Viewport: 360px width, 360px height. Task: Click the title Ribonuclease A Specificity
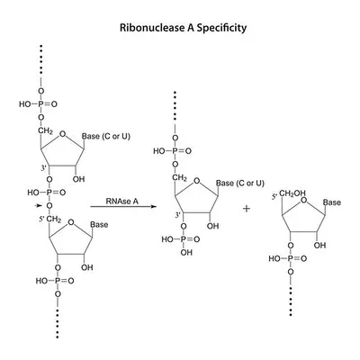click(x=183, y=28)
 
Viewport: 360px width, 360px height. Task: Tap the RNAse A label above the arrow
click(x=121, y=201)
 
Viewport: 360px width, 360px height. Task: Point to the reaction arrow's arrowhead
click(x=154, y=207)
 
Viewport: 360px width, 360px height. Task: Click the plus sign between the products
click(x=247, y=208)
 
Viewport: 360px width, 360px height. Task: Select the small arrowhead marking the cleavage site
click(x=38, y=205)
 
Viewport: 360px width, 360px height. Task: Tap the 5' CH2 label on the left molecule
click(x=50, y=220)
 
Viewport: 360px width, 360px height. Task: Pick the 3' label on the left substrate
click(x=44, y=168)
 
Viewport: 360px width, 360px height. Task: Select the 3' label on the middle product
click(x=177, y=215)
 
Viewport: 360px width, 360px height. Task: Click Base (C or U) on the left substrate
click(x=106, y=137)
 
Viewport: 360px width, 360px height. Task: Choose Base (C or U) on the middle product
click(x=240, y=183)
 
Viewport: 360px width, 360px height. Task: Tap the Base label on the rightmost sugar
click(x=332, y=202)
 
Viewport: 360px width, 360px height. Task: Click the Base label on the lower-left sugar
click(x=99, y=225)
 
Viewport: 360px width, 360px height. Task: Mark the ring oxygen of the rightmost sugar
click(x=303, y=201)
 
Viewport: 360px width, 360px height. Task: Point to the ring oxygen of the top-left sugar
click(x=62, y=134)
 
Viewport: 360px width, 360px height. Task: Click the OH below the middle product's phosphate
click(x=186, y=253)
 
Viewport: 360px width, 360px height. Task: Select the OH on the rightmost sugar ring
click(x=319, y=246)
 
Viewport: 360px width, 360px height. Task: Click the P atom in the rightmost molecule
click(x=291, y=258)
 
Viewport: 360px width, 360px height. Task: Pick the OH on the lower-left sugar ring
click(x=87, y=267)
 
